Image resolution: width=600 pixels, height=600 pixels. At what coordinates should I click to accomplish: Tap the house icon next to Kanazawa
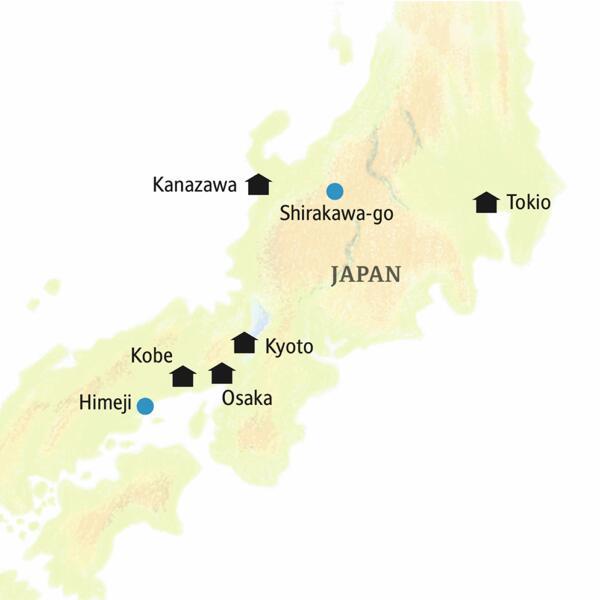259,183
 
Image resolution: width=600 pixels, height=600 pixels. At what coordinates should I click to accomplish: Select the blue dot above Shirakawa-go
335,191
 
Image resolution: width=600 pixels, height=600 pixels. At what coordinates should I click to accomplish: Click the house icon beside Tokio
486,202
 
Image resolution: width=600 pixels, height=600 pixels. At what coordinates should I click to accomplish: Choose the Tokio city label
528,203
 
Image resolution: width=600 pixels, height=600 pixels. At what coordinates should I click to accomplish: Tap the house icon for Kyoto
243,343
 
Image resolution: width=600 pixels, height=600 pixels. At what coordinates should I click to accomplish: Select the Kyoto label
289,348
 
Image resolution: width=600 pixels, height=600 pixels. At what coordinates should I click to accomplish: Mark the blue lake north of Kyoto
259,319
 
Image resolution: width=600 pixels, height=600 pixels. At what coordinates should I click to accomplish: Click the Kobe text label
152,355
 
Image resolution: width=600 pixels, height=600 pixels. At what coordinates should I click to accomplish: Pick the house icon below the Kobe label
183,376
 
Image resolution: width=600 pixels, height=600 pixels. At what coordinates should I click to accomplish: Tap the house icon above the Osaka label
222,374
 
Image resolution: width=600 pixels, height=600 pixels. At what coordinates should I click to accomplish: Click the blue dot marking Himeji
145,405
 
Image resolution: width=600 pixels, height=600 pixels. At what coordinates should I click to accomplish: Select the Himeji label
104,405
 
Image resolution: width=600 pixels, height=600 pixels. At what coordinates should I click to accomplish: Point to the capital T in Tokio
511,203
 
